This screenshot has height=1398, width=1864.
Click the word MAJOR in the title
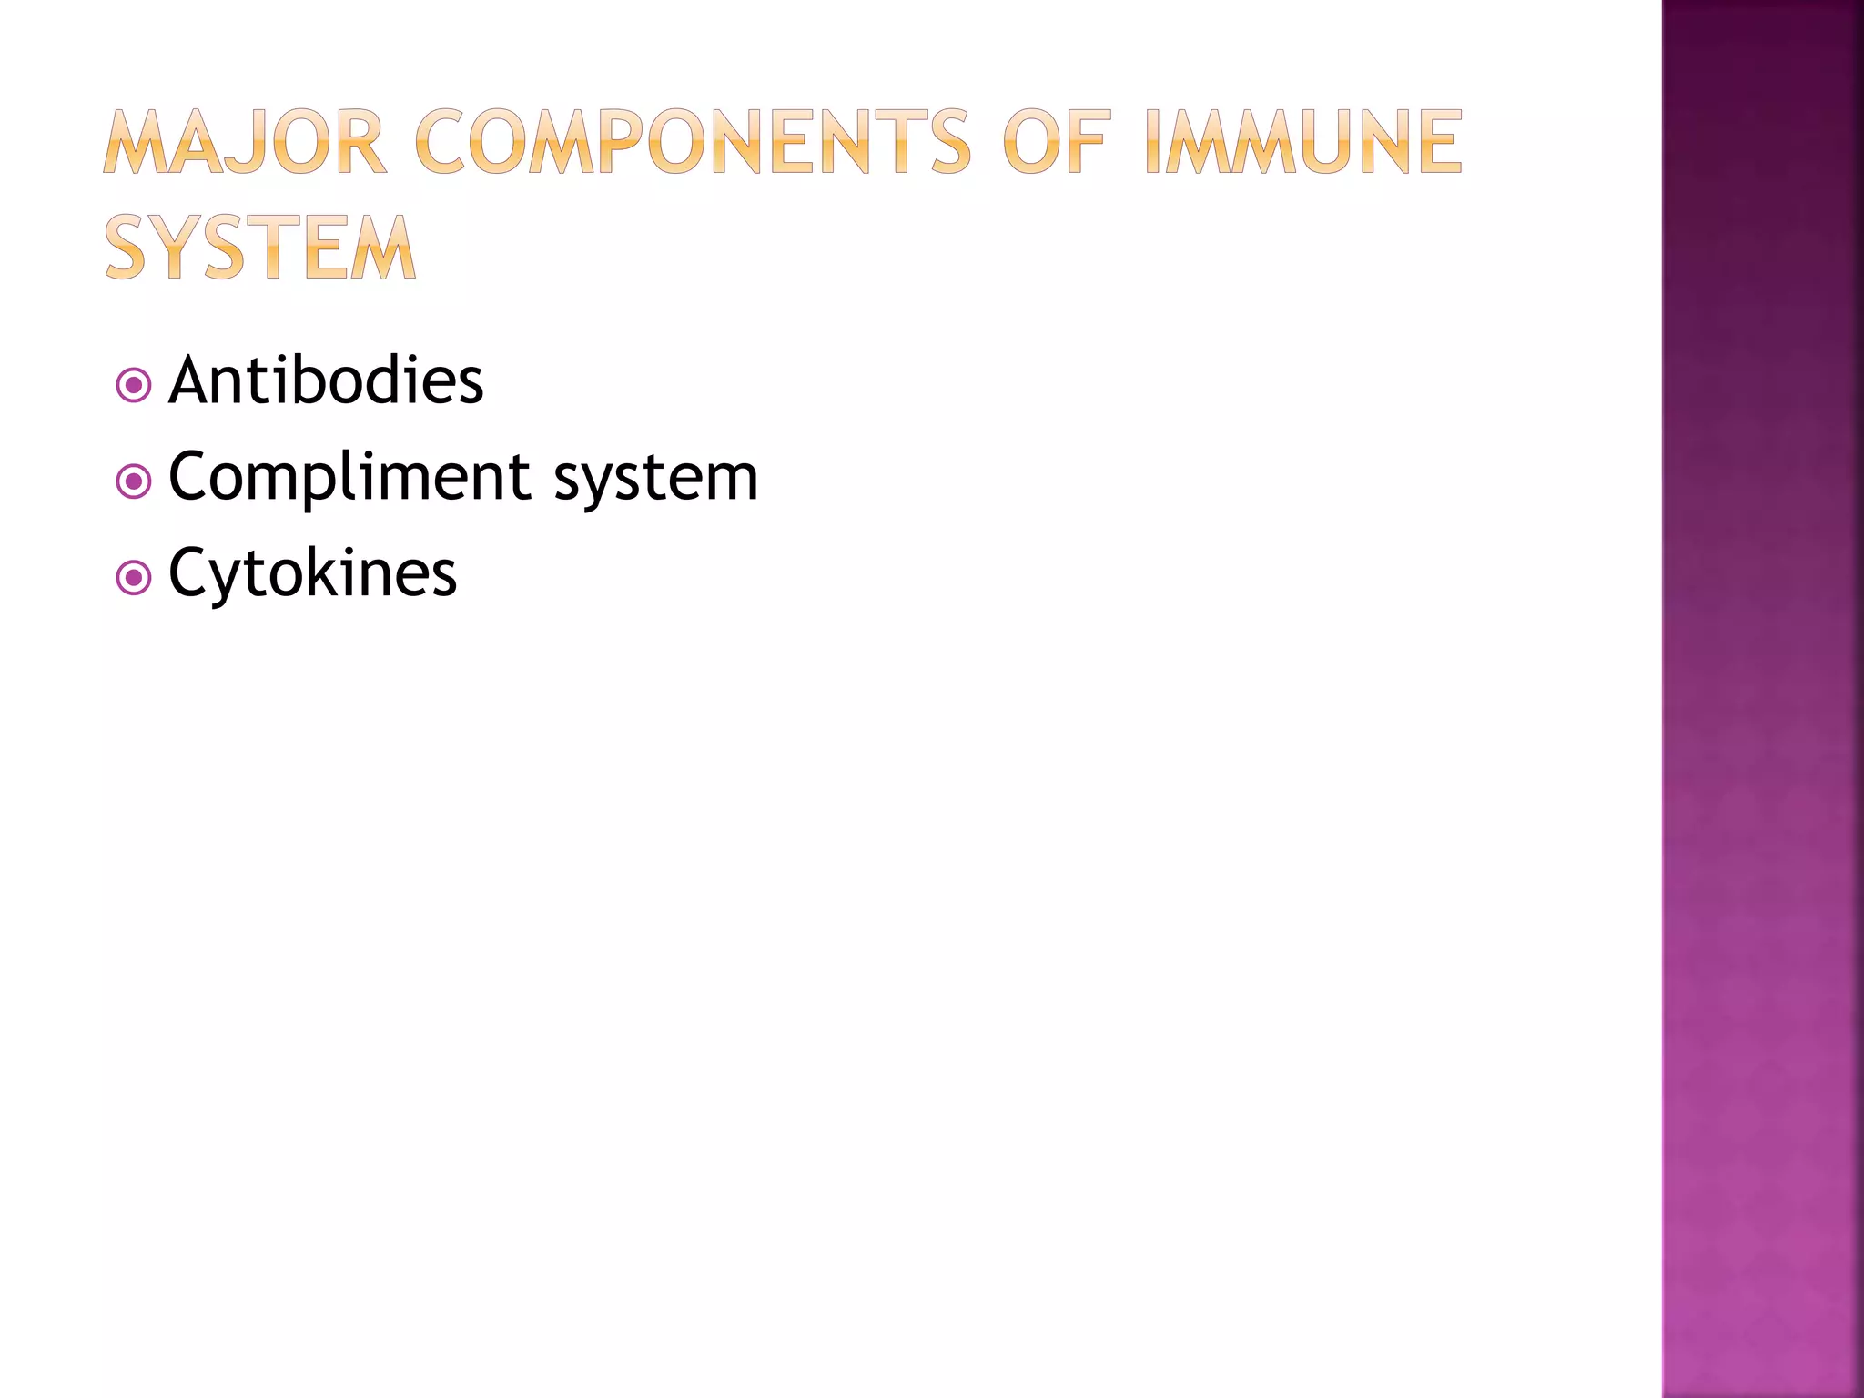click(244, 142)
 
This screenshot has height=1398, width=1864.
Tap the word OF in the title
click(1057, 142)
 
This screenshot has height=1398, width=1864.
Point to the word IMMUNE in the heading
click(1302, 142)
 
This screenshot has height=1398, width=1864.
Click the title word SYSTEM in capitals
click(260, 248)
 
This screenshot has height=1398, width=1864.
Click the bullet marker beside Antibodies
click(134, 385)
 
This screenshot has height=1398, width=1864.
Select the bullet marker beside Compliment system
click(134, 481)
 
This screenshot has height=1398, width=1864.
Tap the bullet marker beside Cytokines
click(134, 578)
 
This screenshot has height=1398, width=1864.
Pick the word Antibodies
click(326, 380)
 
